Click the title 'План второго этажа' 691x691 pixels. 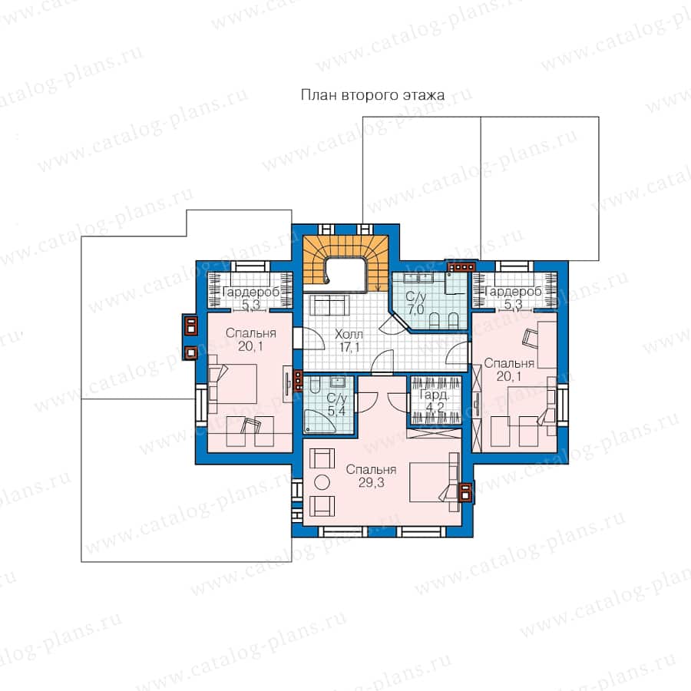click(x=372, y=95)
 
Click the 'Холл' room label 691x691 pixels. click(x=349, y=334)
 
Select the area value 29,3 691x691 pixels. click(x=371, y=483)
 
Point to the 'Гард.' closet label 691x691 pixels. click(x=434, y=395)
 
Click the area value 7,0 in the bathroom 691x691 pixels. click(x=415, y=309)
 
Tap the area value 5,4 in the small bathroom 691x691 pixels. click(x=337, y=412)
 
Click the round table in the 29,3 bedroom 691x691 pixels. click(x=322, y=481)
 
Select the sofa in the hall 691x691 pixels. click(x=329, y=305)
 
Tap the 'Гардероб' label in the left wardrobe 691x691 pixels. click(x=250, y=292)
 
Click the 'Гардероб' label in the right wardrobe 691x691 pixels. click(x=513, y=291)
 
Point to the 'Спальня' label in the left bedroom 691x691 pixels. click(x=250, y=333)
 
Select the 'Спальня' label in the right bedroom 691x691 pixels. click(x=509, y=363)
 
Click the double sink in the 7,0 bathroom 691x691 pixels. click(x=418, y=278)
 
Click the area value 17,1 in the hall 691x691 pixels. click(x=349, y=347)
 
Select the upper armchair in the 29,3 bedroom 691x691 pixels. click(x=322, y=458)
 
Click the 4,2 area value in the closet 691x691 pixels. click(x=435, y=407)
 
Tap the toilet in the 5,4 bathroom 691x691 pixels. click(x=315, y=387)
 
